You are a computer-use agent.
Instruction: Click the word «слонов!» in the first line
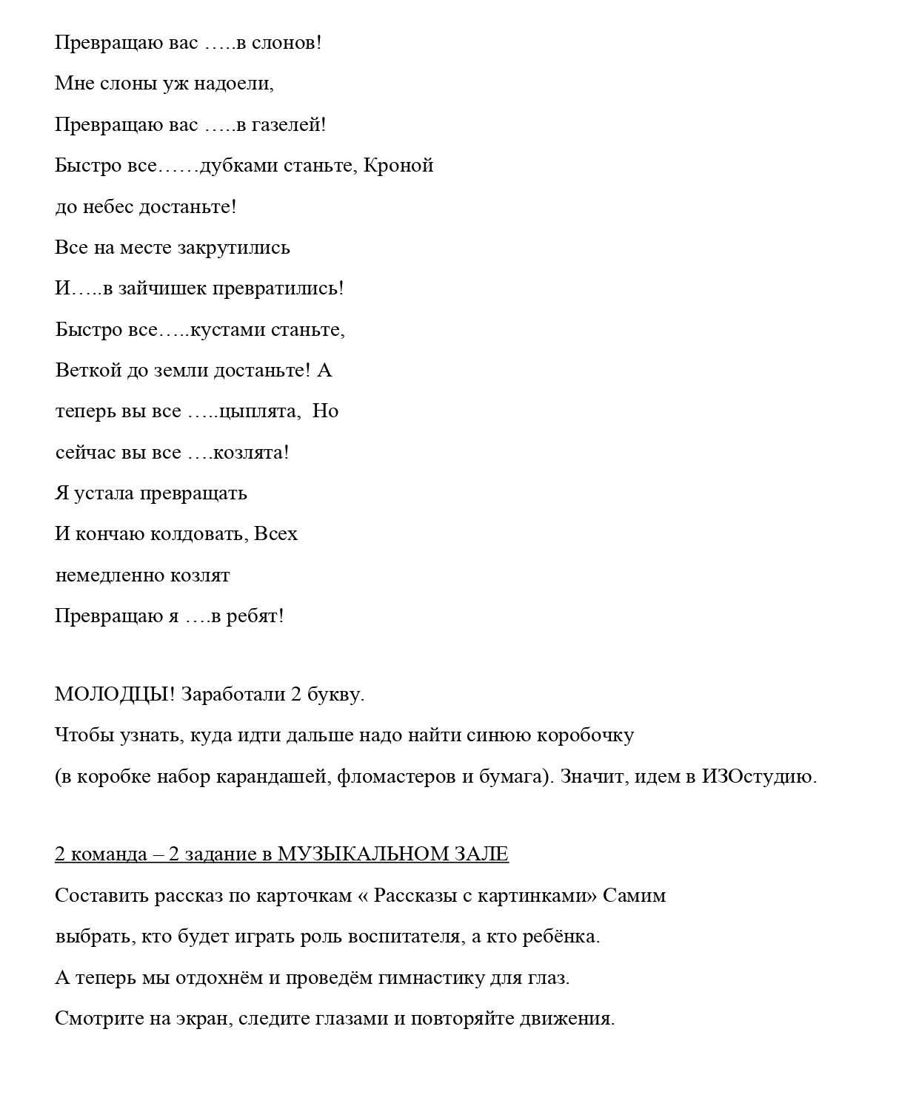point(287,43)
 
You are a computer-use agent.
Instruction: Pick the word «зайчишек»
point(161,289)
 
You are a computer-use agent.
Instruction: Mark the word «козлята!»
point(251,452)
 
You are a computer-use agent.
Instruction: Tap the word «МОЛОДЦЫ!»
point(115,695)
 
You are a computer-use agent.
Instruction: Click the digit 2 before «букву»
point(295,695)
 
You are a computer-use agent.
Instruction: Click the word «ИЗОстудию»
point(759,777)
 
